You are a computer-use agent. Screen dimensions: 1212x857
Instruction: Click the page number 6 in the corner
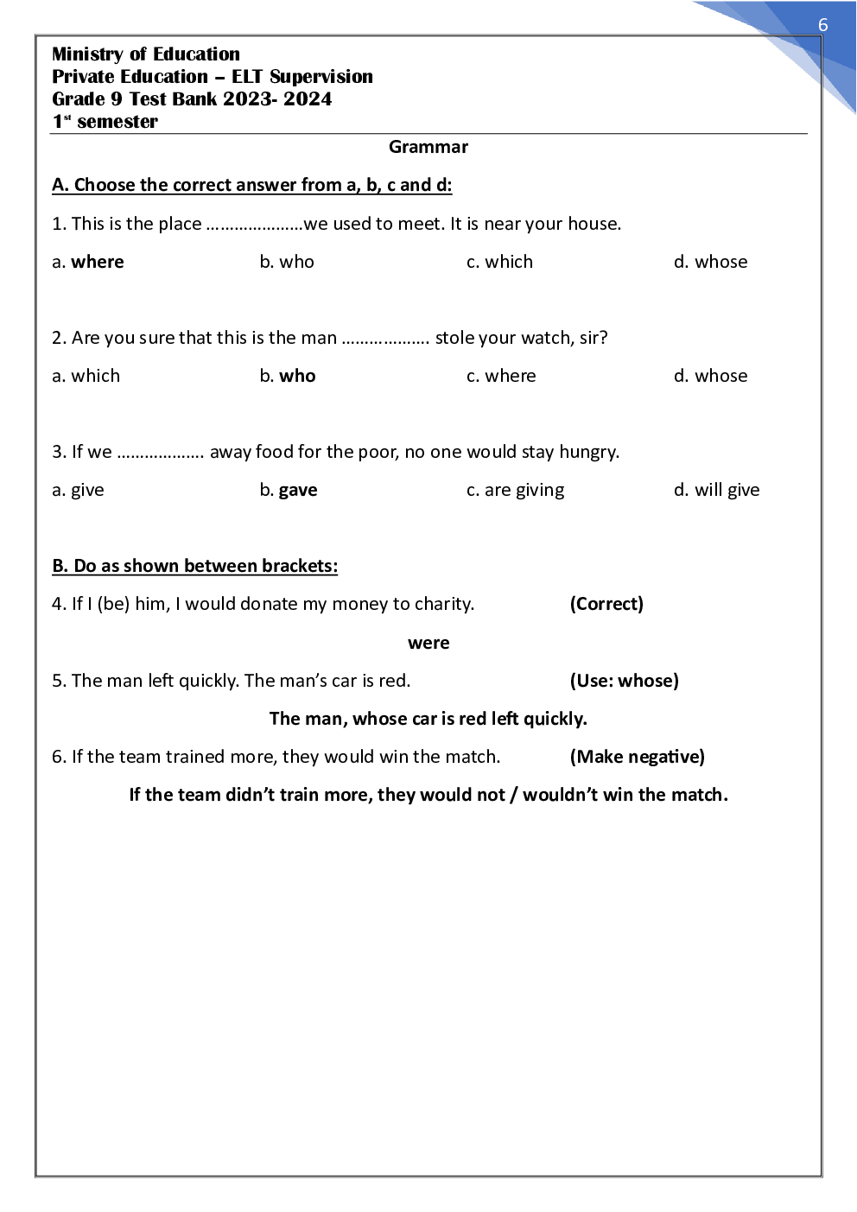pos(822,25)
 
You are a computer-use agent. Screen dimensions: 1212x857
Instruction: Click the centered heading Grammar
pos(428,147)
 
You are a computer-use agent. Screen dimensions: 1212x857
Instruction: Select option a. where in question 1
pos(88,262)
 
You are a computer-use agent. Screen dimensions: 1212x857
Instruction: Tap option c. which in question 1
pos(499,262)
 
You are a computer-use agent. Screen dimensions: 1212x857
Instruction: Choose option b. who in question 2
pos(288,376)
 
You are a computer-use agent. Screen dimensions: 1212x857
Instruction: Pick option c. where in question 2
pos(501,376)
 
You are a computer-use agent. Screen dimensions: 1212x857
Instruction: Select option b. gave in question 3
pos(289,490)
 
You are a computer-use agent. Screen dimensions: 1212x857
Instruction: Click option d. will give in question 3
pos(716,490)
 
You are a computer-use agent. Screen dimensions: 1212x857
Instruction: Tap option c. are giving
pos(515,490)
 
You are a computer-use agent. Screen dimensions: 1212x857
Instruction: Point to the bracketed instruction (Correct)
pos(606,604)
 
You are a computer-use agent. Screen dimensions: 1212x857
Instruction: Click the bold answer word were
pos(428,643)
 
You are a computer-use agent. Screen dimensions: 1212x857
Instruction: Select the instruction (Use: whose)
pos(624,681)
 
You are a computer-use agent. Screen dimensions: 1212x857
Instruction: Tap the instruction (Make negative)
pos(637,757)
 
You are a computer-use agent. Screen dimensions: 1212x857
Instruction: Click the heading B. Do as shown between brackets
pos(194,566)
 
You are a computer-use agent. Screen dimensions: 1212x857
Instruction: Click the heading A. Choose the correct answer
pos(251,185)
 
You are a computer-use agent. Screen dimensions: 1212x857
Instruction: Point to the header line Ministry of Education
pos(146,54)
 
